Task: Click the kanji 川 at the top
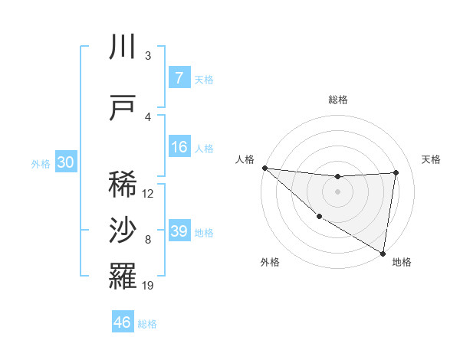pos(123,47)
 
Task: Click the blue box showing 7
pos(179,78)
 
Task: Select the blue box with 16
pos(179,147)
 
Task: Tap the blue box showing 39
pos(179,231)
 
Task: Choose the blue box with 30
pos(65,162)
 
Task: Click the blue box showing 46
pos(123,322)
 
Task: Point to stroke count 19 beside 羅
pos(148,286)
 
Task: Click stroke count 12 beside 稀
pos(148,194)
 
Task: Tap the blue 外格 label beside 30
pos(41,163)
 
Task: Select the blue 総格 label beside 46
pos(147,324)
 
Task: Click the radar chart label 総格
pos(337,100)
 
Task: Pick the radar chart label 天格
pos(432,159)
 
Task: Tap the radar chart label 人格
pos(245,159)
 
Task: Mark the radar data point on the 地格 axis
pos(383,253)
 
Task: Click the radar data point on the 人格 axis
pos(264,168)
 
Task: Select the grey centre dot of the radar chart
pos(337,191)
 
